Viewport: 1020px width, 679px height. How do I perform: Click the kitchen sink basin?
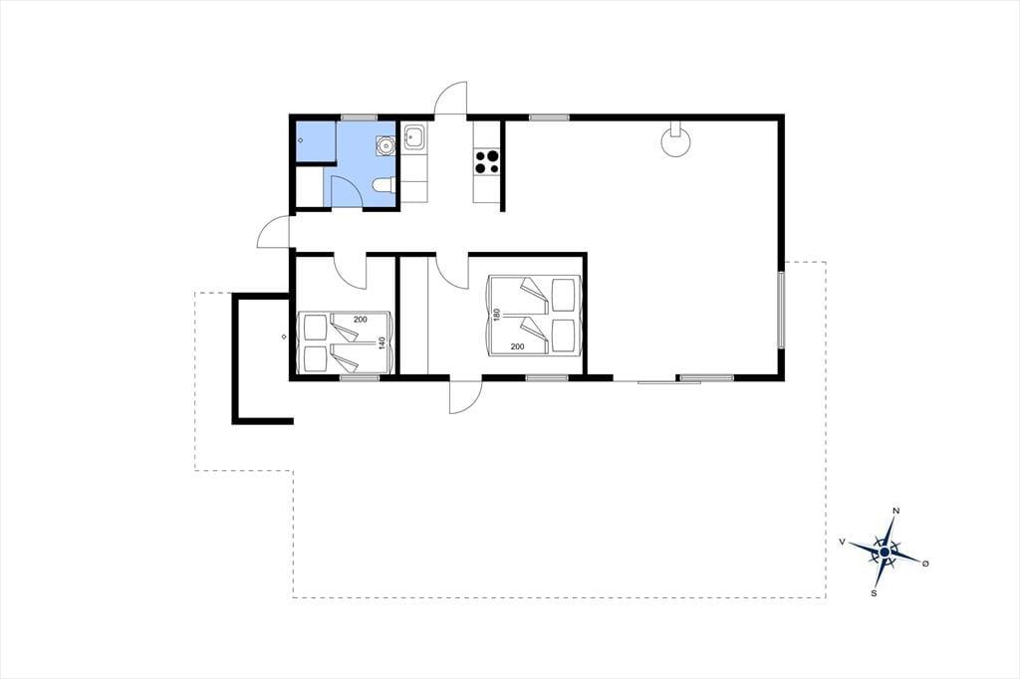[414, 137]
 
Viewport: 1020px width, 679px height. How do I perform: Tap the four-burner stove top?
[487, 162]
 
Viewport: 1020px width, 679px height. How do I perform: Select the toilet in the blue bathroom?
[382, 186]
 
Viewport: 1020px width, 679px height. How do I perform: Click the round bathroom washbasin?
[385, 145]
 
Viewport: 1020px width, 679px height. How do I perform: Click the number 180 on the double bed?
[496, 316]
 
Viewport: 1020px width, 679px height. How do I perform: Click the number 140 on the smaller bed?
[382, 342]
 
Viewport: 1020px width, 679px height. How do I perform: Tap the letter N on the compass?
[895, 511]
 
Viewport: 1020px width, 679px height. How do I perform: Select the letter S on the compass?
[875, 593]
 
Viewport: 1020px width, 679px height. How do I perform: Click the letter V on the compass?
[843, 542]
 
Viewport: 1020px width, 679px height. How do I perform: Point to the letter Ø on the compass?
[925, 564]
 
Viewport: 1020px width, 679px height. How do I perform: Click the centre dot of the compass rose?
[885, 553]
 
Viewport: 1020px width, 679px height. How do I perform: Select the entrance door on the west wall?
[274, 232]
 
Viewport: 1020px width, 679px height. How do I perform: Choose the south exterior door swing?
[466, 396]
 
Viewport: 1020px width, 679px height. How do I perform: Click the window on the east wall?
[782, 310]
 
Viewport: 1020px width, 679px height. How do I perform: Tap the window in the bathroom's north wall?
[359, 117]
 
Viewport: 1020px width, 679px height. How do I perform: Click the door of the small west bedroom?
[350, 271]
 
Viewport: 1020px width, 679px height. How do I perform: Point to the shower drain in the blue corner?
[301, 140]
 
